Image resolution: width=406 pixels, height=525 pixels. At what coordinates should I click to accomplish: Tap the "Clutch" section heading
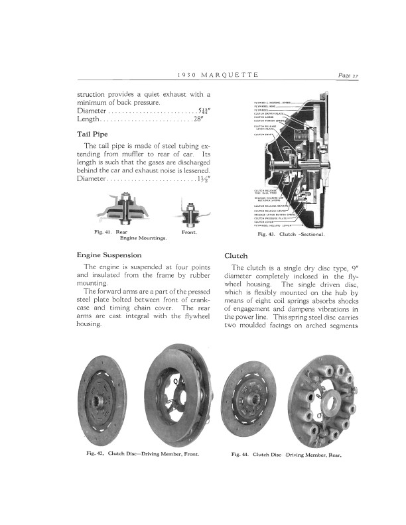[236, 255]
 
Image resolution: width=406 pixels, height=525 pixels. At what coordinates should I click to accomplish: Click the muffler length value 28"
[198, 119]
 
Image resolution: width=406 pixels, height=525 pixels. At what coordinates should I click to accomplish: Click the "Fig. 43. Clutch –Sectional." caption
[290, 235]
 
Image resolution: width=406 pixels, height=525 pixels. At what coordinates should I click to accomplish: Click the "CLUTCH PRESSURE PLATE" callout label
[271, 218]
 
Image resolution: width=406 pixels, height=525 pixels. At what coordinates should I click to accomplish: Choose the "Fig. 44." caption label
[240, 455]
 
